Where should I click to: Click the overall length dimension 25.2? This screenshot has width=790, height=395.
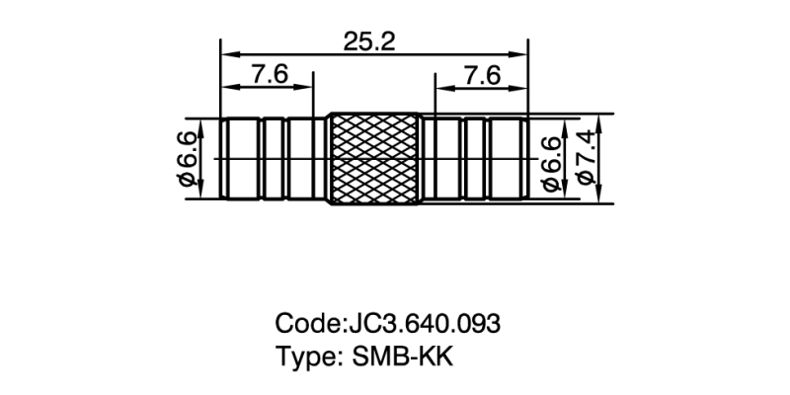coord(371,41)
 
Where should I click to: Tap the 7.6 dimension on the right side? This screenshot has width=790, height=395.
coord(480,74)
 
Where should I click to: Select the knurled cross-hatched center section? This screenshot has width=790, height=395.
coord(373,158)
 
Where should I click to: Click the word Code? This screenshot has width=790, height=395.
coord(306,323)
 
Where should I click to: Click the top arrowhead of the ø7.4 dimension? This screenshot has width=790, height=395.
coord(604,119)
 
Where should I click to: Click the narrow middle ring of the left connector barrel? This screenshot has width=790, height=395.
coord(276,158)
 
